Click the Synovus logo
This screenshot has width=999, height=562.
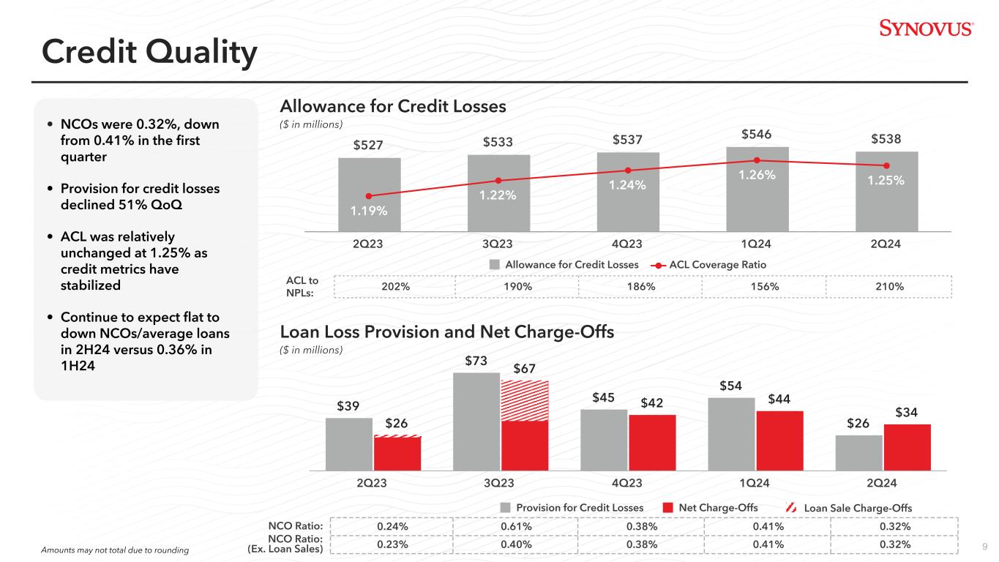pos(926,29)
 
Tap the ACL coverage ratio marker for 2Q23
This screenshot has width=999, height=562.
pos(369,196)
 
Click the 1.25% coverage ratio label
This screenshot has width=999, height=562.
pos(887,180)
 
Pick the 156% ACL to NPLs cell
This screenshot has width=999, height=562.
pos(763,287)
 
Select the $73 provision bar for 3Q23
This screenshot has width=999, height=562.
pos(476,421)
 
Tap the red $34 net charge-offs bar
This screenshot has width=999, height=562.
pos(907,446)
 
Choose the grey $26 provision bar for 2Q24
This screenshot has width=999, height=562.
pos(858,452)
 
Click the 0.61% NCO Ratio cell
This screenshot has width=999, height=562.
pos(515,527)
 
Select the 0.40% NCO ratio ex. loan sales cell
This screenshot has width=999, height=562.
pos(515,544)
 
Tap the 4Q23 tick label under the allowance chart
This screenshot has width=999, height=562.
pos(627,244)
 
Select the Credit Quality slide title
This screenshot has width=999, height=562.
pos(149,52)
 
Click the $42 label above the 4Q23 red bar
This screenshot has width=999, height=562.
pos(653,403)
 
